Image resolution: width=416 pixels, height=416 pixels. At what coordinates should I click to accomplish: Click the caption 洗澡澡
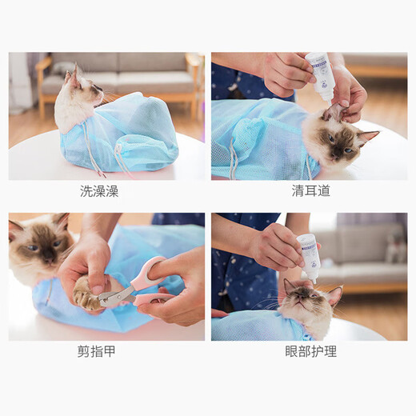tap(106, 191)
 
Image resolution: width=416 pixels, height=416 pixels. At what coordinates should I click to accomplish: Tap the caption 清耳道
tap(310, 191)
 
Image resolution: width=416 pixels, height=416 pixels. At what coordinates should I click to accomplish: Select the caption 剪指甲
tap(106, 351)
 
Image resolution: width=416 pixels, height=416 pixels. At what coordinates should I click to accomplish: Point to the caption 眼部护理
tap(310, 351)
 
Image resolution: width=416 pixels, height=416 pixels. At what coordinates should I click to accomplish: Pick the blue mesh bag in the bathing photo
tap(128, 132)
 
